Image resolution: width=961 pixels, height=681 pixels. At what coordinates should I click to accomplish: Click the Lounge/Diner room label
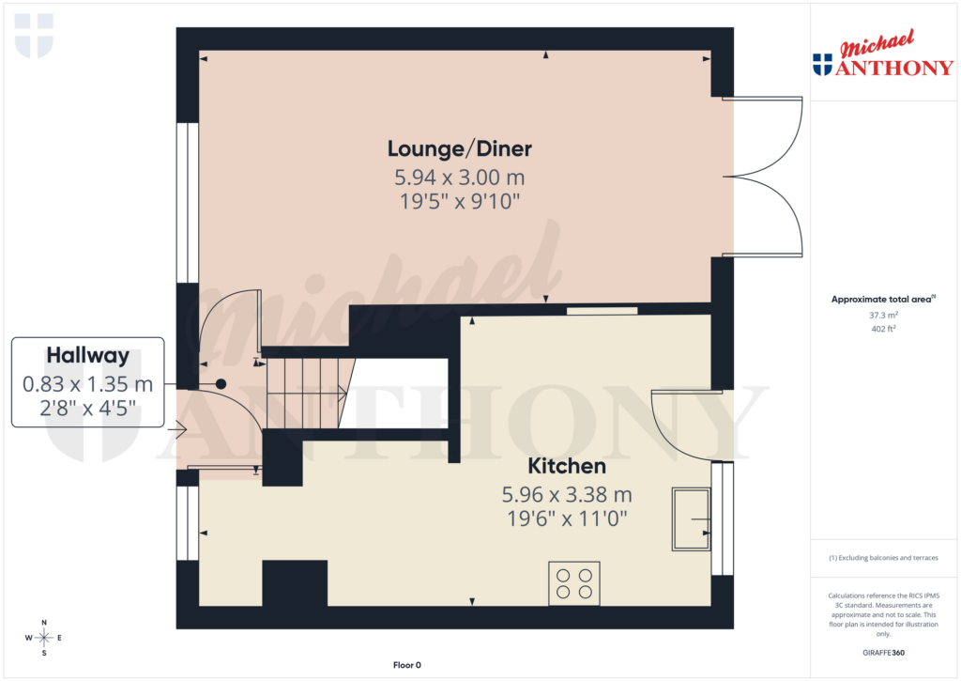[460, 148]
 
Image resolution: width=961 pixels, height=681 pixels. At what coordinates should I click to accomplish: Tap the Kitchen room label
[567, 466]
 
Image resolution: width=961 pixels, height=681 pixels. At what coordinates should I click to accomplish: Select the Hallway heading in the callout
[87, 355]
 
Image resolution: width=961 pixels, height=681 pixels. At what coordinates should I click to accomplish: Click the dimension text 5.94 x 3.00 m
[460, 177]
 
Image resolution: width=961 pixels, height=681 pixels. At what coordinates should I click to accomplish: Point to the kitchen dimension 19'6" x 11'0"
[567, 518]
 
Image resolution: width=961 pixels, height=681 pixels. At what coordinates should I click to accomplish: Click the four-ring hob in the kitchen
[574, 583]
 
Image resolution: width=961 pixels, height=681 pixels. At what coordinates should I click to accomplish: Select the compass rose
[43, 638]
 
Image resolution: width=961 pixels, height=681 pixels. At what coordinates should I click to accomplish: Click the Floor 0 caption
[407, 665]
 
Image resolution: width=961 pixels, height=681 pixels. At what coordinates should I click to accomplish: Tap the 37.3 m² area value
[885, 316]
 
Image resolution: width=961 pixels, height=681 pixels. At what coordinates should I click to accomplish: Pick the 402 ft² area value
[885, 329]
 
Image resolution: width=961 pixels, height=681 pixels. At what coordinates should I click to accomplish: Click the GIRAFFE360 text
[885, 653]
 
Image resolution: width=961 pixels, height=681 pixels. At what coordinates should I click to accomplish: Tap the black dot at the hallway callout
[221, 383]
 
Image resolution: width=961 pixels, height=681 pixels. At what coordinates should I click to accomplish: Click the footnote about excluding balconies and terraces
[884, 558]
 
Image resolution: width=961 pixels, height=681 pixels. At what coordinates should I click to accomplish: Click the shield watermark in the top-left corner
[34, 36]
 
